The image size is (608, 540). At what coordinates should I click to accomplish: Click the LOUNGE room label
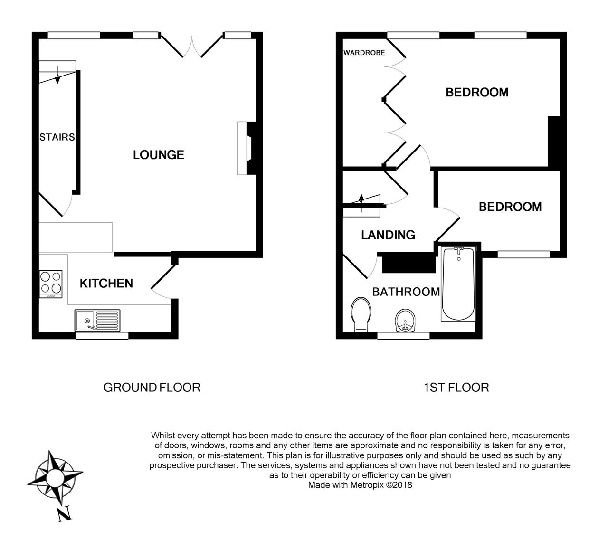[159, 155]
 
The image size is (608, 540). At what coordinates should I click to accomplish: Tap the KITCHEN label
[106, 284]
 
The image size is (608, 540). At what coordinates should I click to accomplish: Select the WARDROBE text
[364, 53]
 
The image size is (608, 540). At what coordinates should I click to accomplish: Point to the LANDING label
[388, 235]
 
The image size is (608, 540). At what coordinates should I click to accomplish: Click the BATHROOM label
[406, 292]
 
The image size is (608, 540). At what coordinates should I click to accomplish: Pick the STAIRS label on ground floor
[57, 137]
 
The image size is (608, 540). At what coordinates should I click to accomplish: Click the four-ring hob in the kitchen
[51, 284]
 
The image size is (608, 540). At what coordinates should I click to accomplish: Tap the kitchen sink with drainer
[97, 320]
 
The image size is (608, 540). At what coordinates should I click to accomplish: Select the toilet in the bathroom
[361, 315]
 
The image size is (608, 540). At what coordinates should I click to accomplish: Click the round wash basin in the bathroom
[406, 321]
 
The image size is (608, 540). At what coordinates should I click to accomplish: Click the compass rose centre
[55, 476]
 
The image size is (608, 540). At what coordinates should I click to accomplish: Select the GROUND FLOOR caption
[152, 388]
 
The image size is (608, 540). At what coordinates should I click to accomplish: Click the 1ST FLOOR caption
[456, 388]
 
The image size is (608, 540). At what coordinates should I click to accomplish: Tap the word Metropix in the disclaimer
[367, 485]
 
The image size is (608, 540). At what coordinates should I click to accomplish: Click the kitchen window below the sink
[102, 336]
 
